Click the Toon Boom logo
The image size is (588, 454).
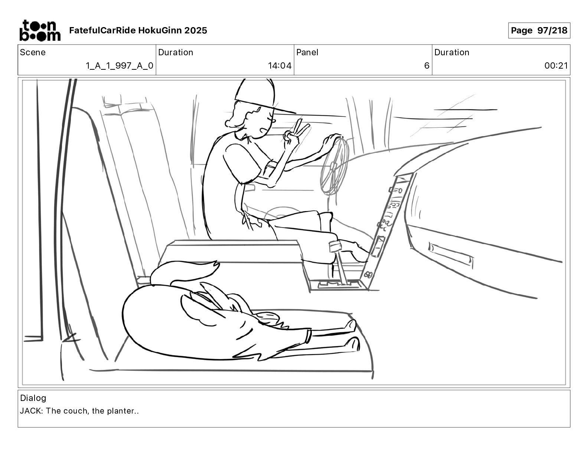click(40, 30)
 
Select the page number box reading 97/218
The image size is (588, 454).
click(539, 30)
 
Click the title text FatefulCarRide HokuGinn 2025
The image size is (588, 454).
click(138, 30)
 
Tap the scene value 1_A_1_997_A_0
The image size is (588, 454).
click(119, 66)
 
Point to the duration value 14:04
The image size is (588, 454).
click(280, 66)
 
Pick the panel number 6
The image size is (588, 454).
click(427, 66)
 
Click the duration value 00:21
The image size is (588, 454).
click(556, 66)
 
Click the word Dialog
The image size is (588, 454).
click(33, 398)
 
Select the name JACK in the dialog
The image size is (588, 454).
click(31, 411)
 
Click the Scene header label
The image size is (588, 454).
click(33, 52)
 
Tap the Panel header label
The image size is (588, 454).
click(307, 52)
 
